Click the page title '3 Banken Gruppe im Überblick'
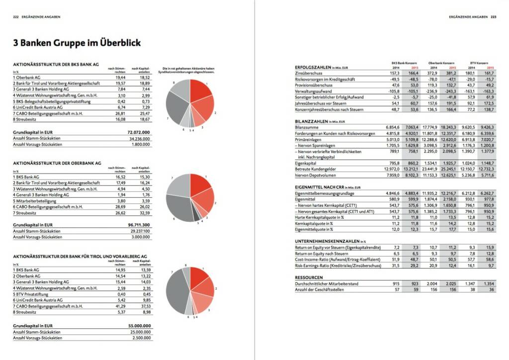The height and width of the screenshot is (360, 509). pyautogui.click(x=77, y=43)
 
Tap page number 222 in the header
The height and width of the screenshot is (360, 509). pyautogui.click(x=16, y=16)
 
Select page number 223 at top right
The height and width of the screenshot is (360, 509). pyautogui.click(x=494, y=16)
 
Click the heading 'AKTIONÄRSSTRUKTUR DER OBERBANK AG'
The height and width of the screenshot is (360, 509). pyautogui.click(x=57, y=163)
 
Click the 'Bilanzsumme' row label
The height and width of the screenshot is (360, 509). pyautogui.click(x=305, y=127)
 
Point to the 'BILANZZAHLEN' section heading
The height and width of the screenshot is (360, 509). pyautogui.click(x=311, y=121)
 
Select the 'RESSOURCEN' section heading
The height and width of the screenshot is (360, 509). pyautogui.click(x=309, y=277)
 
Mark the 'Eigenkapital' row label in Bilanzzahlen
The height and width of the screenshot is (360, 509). pyautogui.click(x=306, y=163)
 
